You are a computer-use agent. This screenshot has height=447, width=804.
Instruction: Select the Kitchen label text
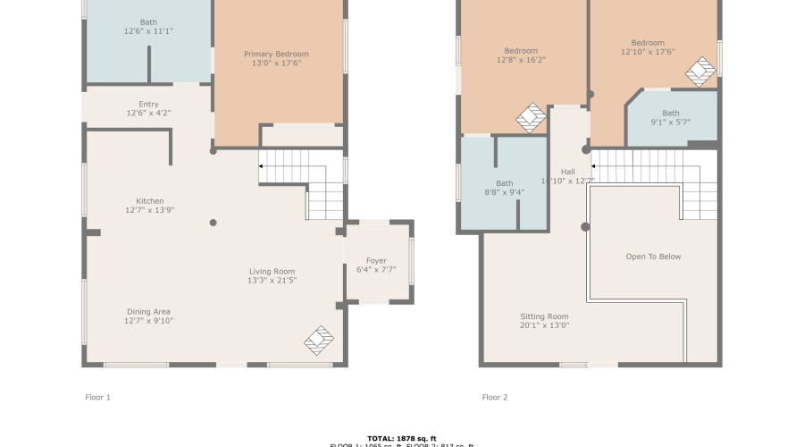pyautogui.click(x=150, y=201)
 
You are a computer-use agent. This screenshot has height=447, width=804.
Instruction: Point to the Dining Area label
pyautogui.click(x=149, y=312)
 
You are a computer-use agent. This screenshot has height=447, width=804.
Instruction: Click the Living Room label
pyautogui.click(x=272, y=272)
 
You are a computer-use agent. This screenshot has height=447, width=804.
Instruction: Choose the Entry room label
pyautogui.click(x=149, y=105)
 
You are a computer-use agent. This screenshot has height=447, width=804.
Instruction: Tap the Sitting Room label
pyautogui.click(x=545, y=316)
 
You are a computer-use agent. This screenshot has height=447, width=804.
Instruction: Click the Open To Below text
pyautogui.click(x=653, y=257)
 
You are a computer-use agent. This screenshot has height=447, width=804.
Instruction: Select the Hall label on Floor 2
pyautogui.click(x=568, y=172)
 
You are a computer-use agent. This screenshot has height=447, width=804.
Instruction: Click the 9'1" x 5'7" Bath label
pyautogui.click(x=671, y=114)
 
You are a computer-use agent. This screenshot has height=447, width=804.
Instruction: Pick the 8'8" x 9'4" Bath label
pyautogui.click(x=505, y=183)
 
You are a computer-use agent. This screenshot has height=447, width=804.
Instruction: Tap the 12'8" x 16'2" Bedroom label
pyautogui.click(x=521, y=51)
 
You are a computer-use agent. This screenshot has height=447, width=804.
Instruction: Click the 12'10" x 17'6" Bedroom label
pyautogui.click(x=648, y=43)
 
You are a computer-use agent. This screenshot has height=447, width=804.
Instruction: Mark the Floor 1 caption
pyautogui.click(x=96, y=397)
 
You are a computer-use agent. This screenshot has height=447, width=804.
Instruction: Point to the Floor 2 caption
pyautogui.click(x=495, y=397)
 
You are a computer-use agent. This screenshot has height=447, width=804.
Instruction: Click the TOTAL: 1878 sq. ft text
pyautogui.click(x=401, y=438)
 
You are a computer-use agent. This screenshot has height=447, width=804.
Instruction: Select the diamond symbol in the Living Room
pyautogui.click(x=319, y=340)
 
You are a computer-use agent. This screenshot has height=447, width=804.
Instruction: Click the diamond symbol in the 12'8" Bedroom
pyautogui.click(x=532, y=117)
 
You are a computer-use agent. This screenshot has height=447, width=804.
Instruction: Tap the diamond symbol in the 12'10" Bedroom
pyautogui.click(x=702, y=72)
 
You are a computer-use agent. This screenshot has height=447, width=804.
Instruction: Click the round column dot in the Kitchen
pyautogui.click(x=213, y=223)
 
